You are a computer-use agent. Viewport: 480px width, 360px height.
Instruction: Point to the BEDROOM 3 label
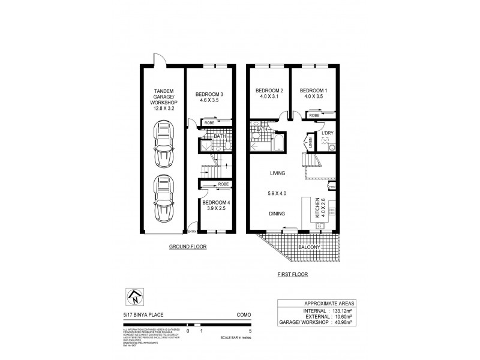pyautogui.click(x=210, y=98)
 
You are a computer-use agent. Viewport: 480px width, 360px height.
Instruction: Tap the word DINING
pyautogui.click(x=277, y=213)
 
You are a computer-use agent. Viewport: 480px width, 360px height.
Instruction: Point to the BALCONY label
pyautogui.click(x=306, y=247)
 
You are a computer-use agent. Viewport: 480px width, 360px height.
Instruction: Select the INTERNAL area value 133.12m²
pyautogui.click(x=344, y=311)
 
